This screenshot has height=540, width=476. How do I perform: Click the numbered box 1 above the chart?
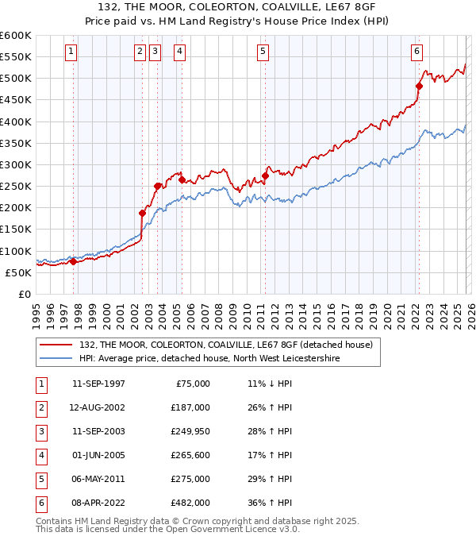click(71, 52)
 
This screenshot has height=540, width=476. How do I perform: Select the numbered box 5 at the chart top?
click(263, 52)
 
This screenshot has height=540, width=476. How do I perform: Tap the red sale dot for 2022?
click(419, 87)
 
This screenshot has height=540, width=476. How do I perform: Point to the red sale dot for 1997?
click(73, 261)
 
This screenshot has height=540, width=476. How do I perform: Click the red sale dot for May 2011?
click(265, 175)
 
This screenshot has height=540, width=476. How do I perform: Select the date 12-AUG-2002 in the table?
click(98, 407)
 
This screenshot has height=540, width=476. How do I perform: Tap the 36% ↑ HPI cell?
click(270, 503)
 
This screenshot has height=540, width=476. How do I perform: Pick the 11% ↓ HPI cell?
click(270, 384)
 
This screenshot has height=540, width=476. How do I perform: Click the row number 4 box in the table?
click(40, 455)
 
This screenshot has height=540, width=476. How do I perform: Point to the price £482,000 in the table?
click(190, 503)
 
